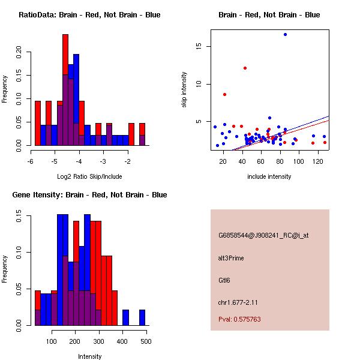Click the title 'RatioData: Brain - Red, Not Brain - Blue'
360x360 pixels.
coord(89,15)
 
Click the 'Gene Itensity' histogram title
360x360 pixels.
coord(89,195)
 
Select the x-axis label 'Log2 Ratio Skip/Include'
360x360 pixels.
coord(89,176)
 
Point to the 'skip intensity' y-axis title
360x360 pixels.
coord(185,90)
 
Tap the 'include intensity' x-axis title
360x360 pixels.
coord(269,176)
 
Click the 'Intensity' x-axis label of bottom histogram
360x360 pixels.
coord(89,356)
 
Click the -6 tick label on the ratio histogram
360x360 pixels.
coord(31,162)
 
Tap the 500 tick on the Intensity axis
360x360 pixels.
coord(146,342)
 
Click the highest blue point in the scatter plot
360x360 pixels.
coord(285,34)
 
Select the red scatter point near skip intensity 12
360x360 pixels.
coord(245,68)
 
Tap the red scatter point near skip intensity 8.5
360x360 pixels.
coord(224,94)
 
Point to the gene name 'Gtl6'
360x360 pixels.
coord(224,280)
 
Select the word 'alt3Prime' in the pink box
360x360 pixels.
coord(231,258)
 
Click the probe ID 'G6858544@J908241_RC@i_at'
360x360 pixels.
coord(263,236)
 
